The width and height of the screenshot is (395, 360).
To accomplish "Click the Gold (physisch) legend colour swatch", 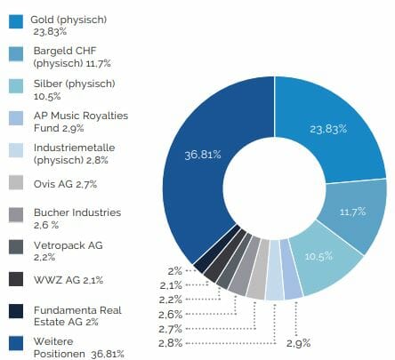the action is tap(16, 22).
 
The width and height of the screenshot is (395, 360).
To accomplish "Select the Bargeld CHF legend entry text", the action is tap(72, 57).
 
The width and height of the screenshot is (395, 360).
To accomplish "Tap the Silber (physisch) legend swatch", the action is tap(16, 86).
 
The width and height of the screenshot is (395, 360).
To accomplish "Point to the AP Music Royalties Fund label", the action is tap(81, 122).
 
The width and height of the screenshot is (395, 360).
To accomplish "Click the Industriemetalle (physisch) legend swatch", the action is tap(16, 150).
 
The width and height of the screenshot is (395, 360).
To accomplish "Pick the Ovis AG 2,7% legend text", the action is tap(65, 184).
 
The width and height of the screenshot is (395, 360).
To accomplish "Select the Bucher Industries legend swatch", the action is tap(16, 215).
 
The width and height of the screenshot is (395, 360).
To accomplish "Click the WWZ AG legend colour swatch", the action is tap(16, 279).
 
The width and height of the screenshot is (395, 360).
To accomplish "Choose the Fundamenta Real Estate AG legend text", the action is tap(77, 316).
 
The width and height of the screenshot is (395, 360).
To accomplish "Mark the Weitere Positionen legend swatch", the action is tap(16, 343).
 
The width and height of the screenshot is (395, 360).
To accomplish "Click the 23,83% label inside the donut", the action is tap(328, 129).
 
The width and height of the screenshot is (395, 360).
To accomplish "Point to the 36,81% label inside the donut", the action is tap(203, 155).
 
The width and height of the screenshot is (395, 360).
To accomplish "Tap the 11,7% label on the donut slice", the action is tap(353, 212).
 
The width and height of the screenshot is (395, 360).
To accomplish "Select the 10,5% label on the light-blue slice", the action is tap(318, 256).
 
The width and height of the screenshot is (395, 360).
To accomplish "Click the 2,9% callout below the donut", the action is tap(299, 343).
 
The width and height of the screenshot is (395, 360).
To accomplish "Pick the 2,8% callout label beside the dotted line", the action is tap(170, 343).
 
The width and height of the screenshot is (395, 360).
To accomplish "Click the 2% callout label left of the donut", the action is tap(175, 271).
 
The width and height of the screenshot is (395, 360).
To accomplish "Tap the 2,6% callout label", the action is tap(170, 315).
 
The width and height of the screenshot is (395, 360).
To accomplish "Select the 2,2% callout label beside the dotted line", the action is tap(171, 300).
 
